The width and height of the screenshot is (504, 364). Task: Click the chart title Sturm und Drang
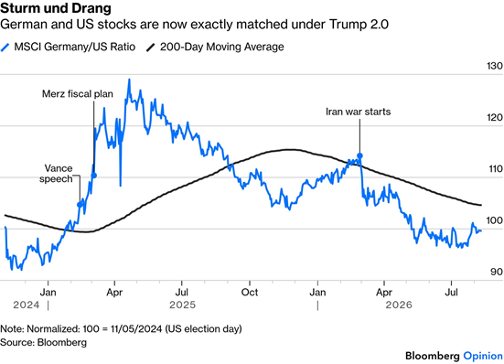coord(56,8)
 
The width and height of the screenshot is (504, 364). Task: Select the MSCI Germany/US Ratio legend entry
coord(68,47)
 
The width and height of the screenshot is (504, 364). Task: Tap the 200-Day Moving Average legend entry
coord(215,47)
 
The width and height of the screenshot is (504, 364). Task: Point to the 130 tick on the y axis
coord(495,66)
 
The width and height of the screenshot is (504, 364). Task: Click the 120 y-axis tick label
coord(495,118)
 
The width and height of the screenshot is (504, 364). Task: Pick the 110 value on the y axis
coord(495,169)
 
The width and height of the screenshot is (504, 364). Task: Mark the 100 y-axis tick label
coord(495,220)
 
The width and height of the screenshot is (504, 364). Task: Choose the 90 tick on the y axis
coord(497,272)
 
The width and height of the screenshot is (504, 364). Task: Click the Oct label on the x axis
coord(250,293)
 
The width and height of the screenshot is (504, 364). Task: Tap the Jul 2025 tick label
coord(182,293)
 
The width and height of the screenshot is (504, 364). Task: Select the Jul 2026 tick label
coord(452,293)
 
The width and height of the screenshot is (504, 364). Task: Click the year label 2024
coord(27,305)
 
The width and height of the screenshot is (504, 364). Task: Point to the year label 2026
coord(399,305)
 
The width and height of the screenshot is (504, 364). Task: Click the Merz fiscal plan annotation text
coord(78,94)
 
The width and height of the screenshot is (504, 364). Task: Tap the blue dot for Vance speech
coord(80,205)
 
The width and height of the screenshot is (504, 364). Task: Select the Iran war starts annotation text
coord(358,112)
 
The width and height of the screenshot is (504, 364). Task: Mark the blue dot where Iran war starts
coord(360,155)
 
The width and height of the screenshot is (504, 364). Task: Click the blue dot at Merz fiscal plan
coord(94,176)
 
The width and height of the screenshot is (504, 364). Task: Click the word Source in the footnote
coord(16,342)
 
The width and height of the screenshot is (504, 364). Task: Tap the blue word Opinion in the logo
coord(483,356)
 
